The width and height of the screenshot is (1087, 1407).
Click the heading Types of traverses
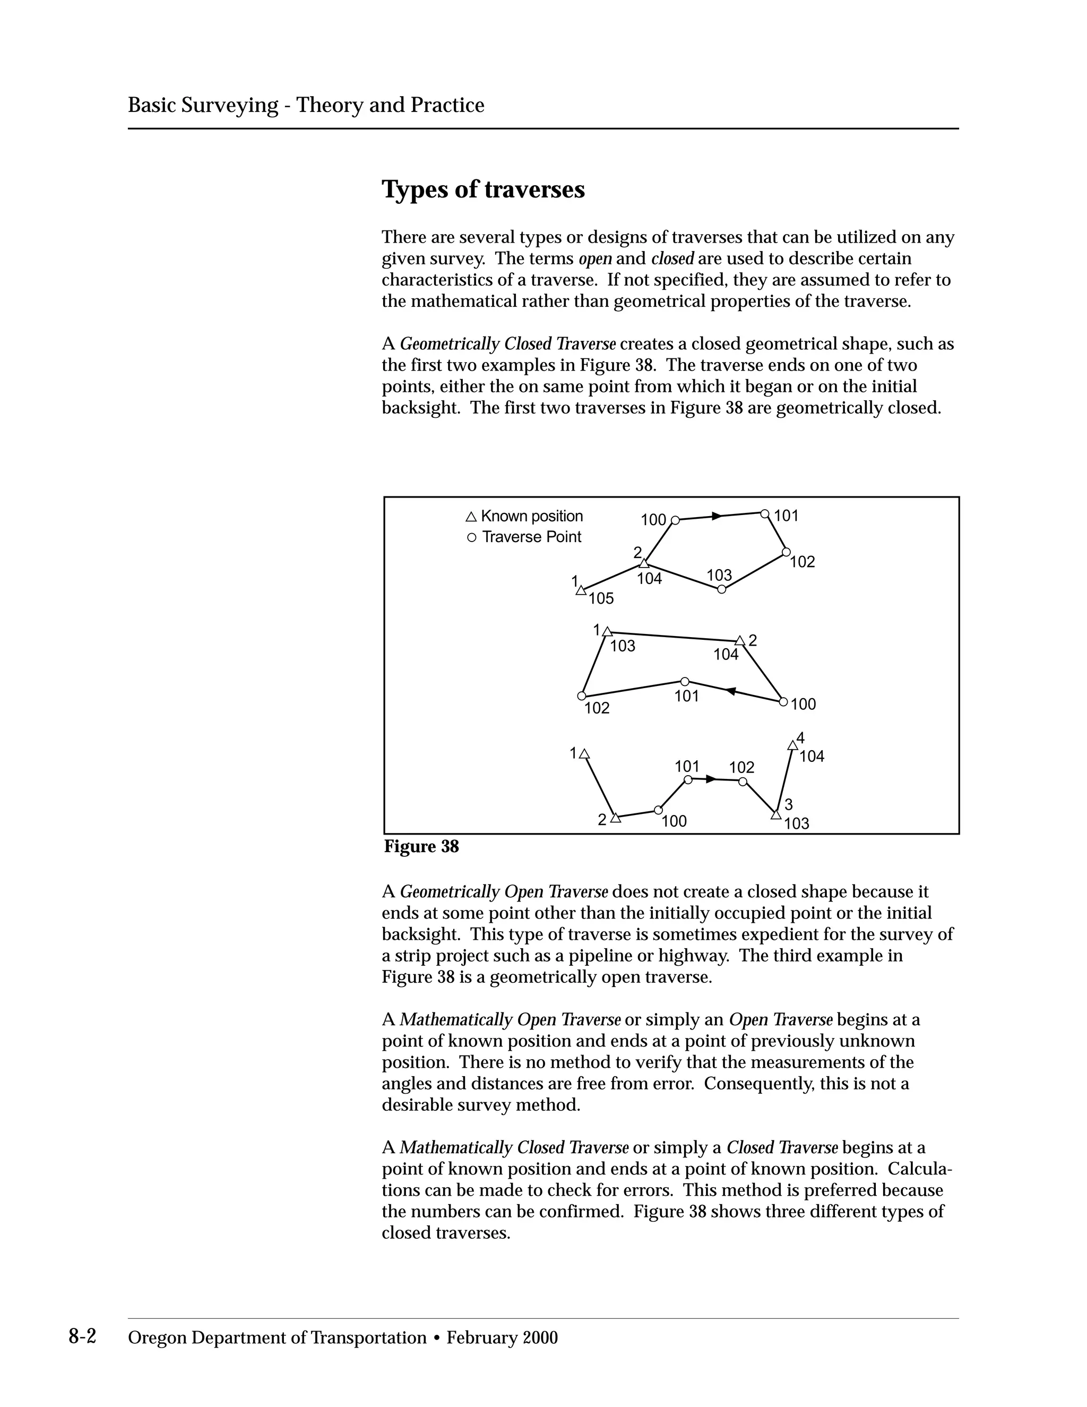click(x=483, y=190)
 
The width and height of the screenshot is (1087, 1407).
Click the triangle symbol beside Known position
click(x=471, y=517)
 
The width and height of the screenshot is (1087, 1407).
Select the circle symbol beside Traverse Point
click(x=471, y=537)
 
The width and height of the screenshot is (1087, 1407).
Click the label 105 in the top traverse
click(x=601, y=598)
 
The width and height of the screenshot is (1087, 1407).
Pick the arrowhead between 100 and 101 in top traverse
click(x=717, y=516)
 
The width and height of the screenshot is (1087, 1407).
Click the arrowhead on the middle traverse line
click(x=731, y=691)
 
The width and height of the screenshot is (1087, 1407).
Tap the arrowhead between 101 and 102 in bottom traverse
click(x=710, y=779)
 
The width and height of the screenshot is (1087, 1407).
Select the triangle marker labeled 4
click(x=793, y=746)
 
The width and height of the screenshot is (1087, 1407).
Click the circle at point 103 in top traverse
click(x=721, y=589)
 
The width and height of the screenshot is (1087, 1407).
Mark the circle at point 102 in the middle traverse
click(x=582, y=696)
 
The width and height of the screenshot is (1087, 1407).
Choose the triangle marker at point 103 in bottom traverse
click(x=775, y=815)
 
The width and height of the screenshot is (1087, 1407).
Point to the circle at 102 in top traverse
click(x=786, y=552)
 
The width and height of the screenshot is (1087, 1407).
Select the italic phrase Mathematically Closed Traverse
click(x=514, y=1147)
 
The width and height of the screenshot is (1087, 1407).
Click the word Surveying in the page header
click(x=229, y=105)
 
